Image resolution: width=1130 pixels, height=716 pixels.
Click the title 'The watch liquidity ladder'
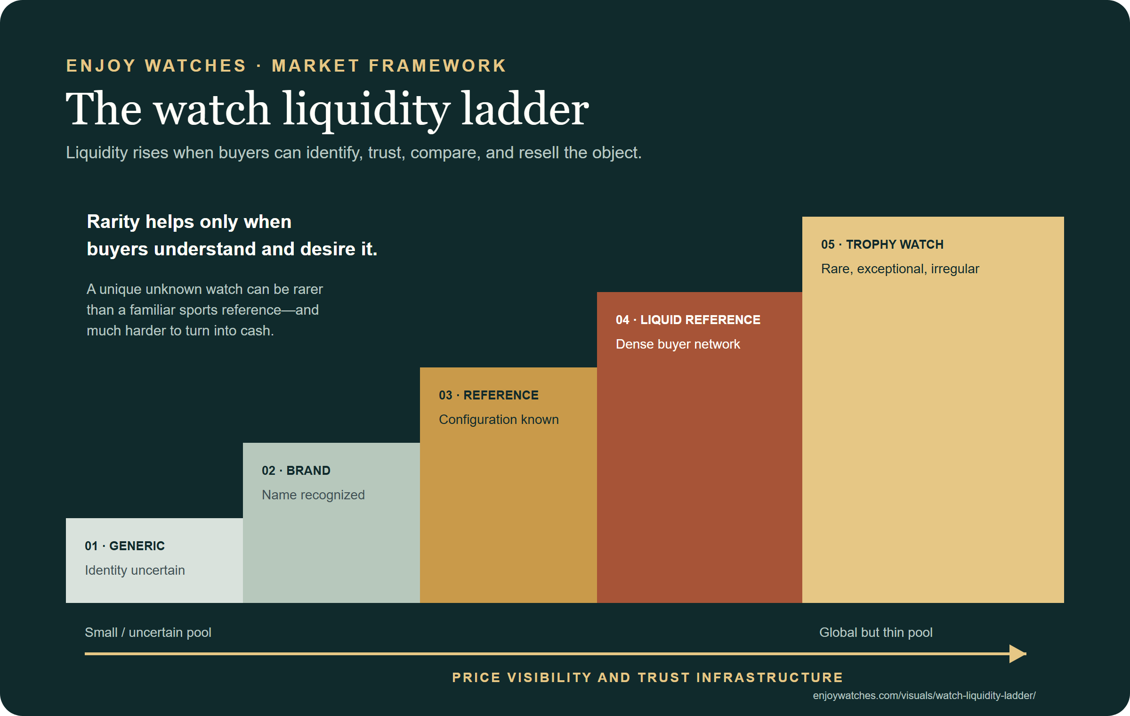pos(327,109)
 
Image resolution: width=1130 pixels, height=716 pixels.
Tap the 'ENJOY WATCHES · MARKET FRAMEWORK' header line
pos(286,65)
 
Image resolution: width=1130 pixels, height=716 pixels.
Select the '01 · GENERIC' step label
pos(125,546)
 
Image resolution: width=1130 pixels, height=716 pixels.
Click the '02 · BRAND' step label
pos(296,471)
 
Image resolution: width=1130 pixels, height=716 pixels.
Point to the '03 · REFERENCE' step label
pos(489,395)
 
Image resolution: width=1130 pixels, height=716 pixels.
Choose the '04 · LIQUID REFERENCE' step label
pos(688,320)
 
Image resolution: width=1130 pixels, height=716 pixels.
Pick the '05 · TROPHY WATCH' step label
pos(882,244)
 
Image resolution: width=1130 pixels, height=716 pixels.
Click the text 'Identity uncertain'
pos(135,570)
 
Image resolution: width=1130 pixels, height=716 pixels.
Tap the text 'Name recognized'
pos(313,495)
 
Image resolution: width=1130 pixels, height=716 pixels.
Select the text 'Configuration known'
pos(499,420)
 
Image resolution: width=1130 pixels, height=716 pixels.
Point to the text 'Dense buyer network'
pos(678,344)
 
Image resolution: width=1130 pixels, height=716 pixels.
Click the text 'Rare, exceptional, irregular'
pos(900,269)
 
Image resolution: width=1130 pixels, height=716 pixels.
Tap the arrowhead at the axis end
pos(1018,654)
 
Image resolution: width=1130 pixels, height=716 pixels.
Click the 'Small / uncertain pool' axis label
pos(148,633)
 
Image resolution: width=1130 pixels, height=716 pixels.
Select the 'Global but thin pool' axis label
pos(876,633)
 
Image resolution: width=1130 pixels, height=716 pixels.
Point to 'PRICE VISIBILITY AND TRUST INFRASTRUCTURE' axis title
pos(647,677)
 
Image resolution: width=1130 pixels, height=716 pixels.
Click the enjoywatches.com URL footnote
pos(924,696)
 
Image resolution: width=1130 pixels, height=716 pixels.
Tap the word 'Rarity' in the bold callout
pos(113,222)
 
